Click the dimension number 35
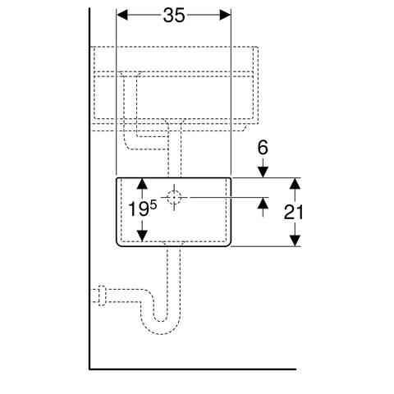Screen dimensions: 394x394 (174, 16)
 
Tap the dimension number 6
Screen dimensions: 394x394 (263, 148)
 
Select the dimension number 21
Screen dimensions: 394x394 (293, 213)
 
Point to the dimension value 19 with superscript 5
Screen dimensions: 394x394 (142, 208)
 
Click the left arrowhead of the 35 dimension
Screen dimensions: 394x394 (122, 15)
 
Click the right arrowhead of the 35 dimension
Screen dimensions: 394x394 (226, 15)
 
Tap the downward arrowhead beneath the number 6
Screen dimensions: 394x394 (263, 172)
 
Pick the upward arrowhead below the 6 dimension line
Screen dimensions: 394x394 (263, 203)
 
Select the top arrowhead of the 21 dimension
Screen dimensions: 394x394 (295, 183)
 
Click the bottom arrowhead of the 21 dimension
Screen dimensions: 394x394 (295, 241)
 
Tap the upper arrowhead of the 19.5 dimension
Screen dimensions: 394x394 (142, 184)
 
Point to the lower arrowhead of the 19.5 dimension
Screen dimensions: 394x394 (142, 236)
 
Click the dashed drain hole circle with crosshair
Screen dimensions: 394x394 (174, 197)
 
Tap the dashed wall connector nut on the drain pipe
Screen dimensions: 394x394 (102, 295)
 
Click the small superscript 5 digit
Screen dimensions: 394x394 (153, 205)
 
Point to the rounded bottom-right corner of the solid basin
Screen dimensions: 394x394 (228, 244)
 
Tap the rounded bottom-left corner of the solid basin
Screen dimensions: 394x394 (120, 244)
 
